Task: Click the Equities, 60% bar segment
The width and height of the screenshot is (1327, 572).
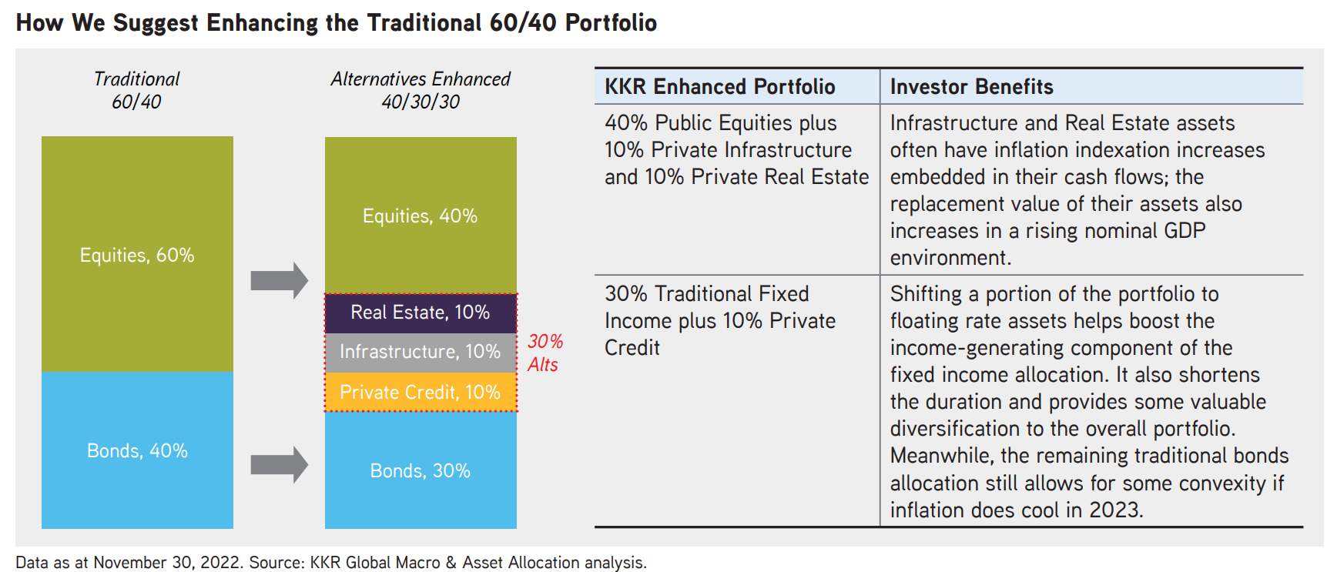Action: [x=137, y=255]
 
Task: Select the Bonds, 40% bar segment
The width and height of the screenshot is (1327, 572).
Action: [x=137, y=450]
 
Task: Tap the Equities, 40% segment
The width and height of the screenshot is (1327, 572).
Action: [x=421, y=216]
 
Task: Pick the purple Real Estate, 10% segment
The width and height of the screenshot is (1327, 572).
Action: [x=421, y=313]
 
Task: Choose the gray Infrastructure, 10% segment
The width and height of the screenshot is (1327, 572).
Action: [x=421, y=353]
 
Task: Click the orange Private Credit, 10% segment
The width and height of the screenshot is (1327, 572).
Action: [x=421, y=392]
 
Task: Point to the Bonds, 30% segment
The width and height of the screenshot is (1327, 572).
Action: [x=421, y=470]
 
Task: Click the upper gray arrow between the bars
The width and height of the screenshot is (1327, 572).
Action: [x=280, y=280]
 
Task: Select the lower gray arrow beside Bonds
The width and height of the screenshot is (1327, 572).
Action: [x=280, y=465]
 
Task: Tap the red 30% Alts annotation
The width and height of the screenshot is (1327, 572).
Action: [x=545, y=353]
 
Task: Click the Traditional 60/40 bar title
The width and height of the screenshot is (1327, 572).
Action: [x=136, y=90]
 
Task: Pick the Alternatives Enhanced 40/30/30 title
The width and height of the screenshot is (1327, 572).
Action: [x=421, y=90]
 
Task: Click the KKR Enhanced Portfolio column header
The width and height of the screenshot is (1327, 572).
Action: [x=719, y=86]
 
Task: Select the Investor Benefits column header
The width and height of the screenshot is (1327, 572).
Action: [x=971, y=86]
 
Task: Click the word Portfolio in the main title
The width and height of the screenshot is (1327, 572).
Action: [x=611, y=22]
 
